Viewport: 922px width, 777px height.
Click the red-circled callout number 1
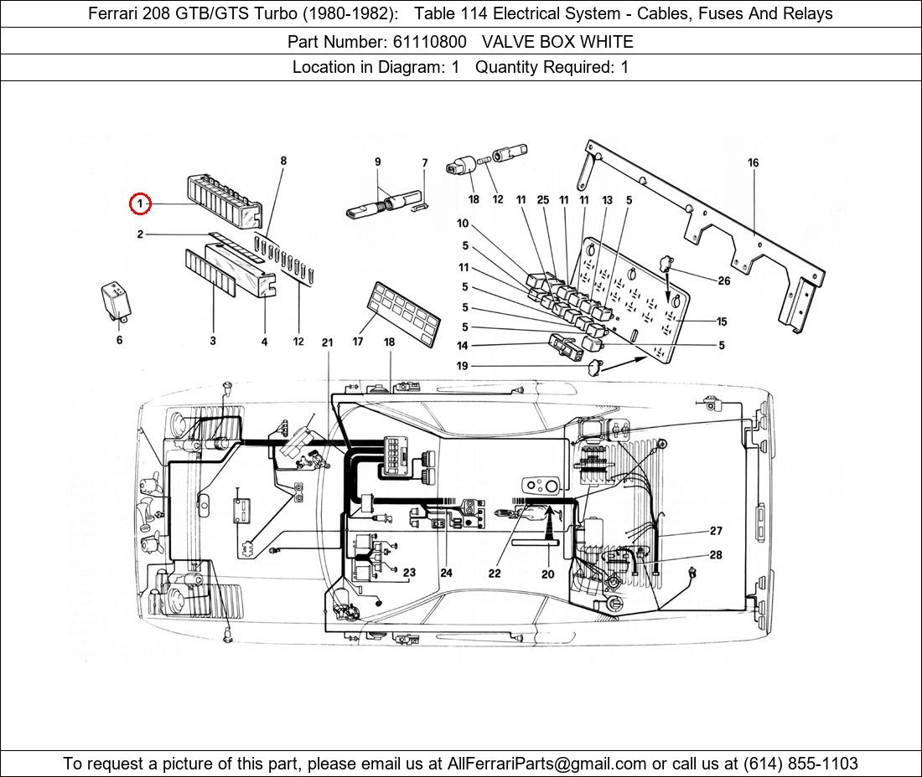(141, 203)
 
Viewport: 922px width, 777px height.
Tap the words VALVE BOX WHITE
(557, 41)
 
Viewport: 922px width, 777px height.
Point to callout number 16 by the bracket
(753, 163)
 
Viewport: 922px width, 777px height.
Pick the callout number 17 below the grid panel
(358, 342)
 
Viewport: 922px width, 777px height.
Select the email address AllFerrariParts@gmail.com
(547, 764)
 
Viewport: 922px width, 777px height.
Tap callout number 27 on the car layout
(716, 531)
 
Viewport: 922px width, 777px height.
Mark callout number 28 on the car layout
(716, 555)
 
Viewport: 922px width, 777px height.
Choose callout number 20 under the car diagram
(547, 574)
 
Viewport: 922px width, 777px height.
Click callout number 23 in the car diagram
(409, 573)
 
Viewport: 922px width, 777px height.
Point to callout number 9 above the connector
(377, 162)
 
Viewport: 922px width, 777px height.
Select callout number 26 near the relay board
(723, 281)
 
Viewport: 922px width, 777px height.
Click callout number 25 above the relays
(543, 200)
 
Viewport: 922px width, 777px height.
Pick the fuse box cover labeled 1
(223, 200)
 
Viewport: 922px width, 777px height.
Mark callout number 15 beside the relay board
(722, 322)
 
